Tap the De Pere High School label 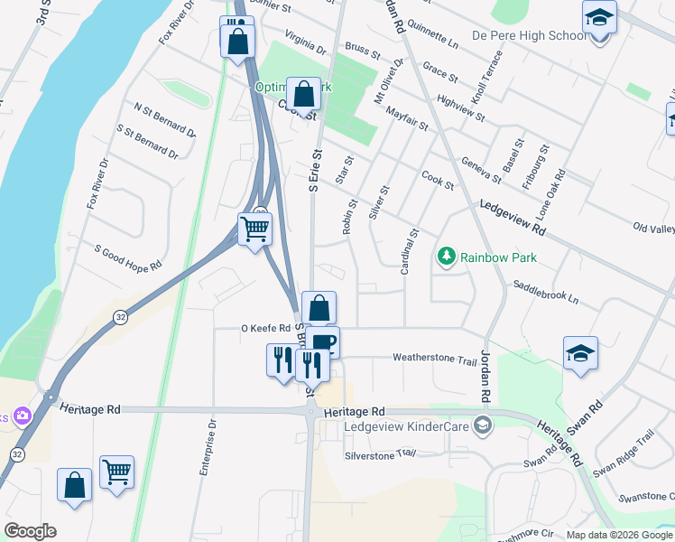[x=529, y=36]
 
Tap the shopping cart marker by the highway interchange [x=255, y=230]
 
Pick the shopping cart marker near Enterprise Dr [x=117, y=472]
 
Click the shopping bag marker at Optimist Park [x=304, y=93]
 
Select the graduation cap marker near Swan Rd [x=580, y=354]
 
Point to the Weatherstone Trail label [x=434, y=359]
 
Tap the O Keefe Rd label [x=264, y=329]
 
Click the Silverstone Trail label [x=379, y=454]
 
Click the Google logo [x=30, y=531]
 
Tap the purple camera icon [x=22, y=416]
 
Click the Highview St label [x=461, y=109]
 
